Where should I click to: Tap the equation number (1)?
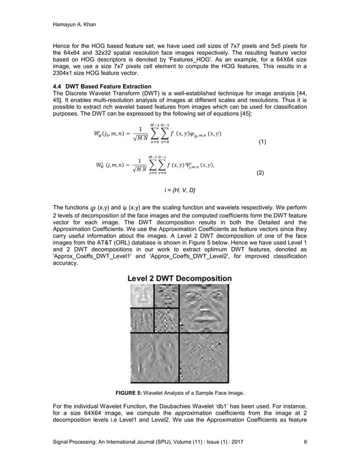tap(262, 142)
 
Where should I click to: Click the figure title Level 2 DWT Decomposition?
tap(179, 278)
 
